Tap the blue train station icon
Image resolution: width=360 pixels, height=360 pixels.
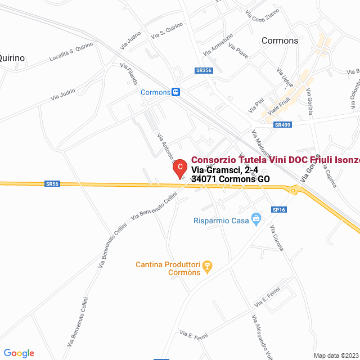pyautogui.click(x=176, y=92)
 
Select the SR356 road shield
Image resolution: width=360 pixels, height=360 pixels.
pyautogui.click(x=204, y=70)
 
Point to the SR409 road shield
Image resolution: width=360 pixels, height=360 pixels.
pyautogui.click(x=282, y=125)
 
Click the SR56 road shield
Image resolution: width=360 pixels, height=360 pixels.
pyautogui.click(x=52, y=183)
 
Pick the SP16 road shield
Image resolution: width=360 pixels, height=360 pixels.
pyautogui.click(x=280, y=209)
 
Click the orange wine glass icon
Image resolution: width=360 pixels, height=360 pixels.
pyautogui.click(x=207, y=266)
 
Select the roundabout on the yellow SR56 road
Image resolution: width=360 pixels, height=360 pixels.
pyautogui.click(x=293, y=191)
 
